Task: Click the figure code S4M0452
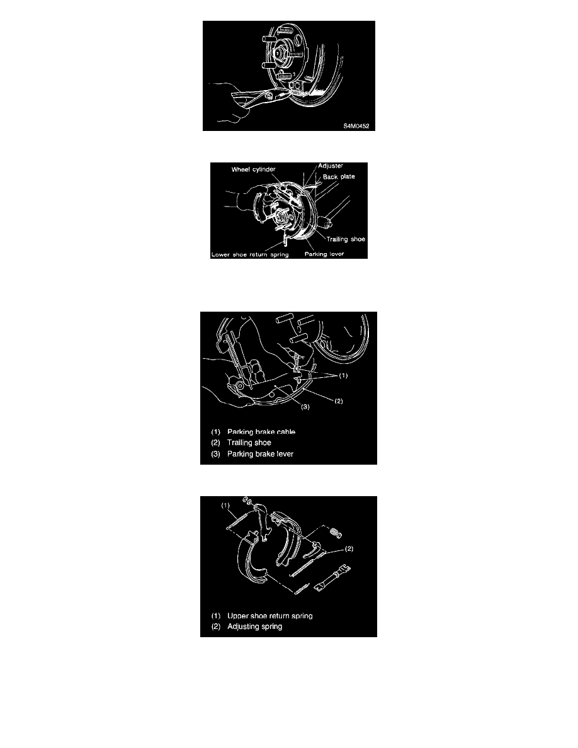pyautogui.click(x=356, y=127)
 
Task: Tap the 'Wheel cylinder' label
pyautogui.click(x=253, y=169)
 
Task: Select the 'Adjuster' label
pyautogui.click(x=331, y=166)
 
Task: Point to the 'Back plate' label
pyautogui.click(x=339, y=176)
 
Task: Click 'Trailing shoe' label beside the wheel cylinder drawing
pyautogui.click(x=346, y=239)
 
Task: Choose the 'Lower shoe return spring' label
pyautogui.click(x=250, y=255)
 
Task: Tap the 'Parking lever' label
pyautogui.click(x=324, y=254)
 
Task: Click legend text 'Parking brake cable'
pyautogui.click(x=261, y=432)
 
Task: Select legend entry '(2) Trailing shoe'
pyautogui.click(x=241, y=443)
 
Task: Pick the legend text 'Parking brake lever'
pyautogui.click(x=261, y=454)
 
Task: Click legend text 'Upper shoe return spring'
pyautogui.click(x=270, y=616)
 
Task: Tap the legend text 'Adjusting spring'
pyautogui.click(x=254, y=626)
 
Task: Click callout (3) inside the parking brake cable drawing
pyautogui.click(x=305, y=407)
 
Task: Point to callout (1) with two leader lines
pyautogui.click(x=343, y=375)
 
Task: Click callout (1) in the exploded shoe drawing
pyautogui.click(x=225, y=506)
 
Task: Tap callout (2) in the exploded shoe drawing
pyautogui.click(x=349, y=548)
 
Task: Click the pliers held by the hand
pyautogui.click(x=260, y=98)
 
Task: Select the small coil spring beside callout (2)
pyautogui.click(x=336, y=533)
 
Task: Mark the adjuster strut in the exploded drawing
pyautogui.click(x=333, y=577)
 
